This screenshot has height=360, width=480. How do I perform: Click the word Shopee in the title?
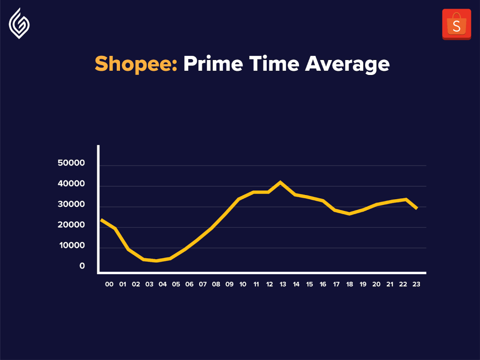point(136,64)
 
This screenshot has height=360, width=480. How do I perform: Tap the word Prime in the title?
point(213,63)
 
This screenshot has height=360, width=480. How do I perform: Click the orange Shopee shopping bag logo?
point(457,24)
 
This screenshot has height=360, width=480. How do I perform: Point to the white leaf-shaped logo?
point(19,23)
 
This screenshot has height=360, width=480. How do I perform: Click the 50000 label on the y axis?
point(71,163)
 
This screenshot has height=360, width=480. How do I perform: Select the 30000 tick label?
point(71,204)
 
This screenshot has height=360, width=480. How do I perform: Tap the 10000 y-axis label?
point(72,246)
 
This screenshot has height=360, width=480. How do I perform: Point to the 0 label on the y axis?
point(82,266)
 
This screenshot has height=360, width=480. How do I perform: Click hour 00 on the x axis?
point(109,285)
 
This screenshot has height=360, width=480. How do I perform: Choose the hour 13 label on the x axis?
point(283,285)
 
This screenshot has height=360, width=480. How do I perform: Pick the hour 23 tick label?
point(416,285)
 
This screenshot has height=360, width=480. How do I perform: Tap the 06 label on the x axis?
point(189,285)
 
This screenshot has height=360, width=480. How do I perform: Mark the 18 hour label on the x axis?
point(350,285)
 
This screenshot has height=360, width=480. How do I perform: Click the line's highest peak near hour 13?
point(280,182)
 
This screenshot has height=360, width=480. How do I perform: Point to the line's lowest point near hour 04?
point(157,261)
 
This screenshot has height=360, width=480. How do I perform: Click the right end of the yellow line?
point(417,209)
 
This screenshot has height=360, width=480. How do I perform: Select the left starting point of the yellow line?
point(101,220)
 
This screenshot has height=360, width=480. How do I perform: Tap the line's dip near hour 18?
point(349,214)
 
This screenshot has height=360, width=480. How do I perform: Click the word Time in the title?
point(274,63)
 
